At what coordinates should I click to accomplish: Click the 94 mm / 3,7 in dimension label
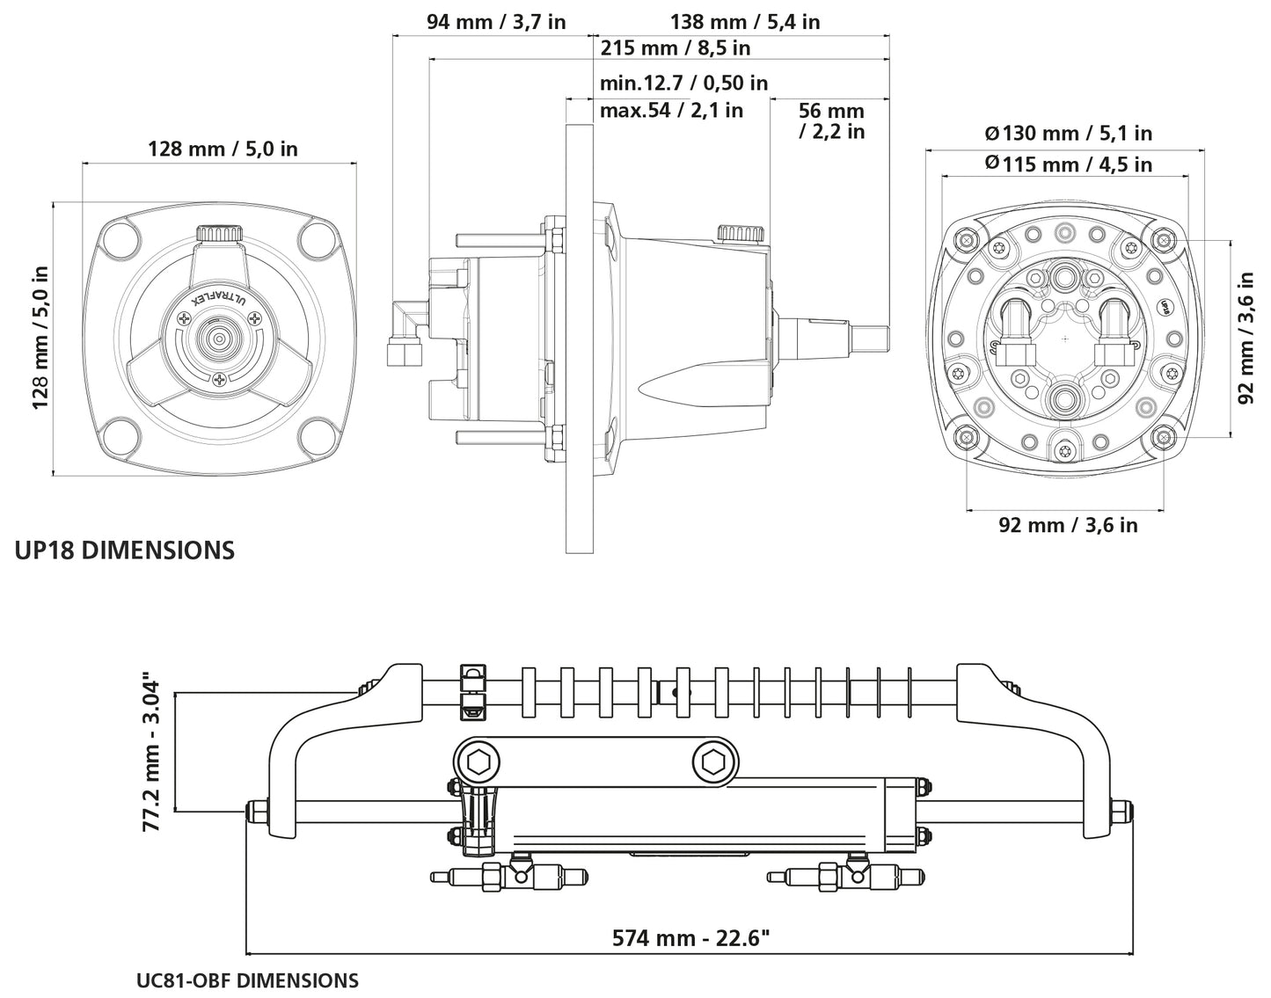click(496, 21)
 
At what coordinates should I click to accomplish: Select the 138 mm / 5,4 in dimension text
click(744, 21)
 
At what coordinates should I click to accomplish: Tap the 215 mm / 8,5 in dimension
click(675, 47)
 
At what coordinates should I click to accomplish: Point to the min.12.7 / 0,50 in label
click(683, 83)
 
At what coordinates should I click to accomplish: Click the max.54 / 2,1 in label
click(671, 110)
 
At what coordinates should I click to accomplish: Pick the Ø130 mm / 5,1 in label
click(1068, 134)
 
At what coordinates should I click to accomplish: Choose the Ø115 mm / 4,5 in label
click(1068, 164)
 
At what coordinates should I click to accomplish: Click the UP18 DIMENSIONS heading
click(125, 550)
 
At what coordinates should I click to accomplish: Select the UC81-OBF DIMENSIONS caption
click(247, 980)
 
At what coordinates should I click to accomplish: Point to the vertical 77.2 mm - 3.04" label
click(151, 754)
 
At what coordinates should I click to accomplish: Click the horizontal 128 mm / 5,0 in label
click(222, 149)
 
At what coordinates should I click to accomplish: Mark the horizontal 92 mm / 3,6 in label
click(1068, 525)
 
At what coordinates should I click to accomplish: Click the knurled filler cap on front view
click(218, 235)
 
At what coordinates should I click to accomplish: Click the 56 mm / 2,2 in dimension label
click(831, 121)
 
